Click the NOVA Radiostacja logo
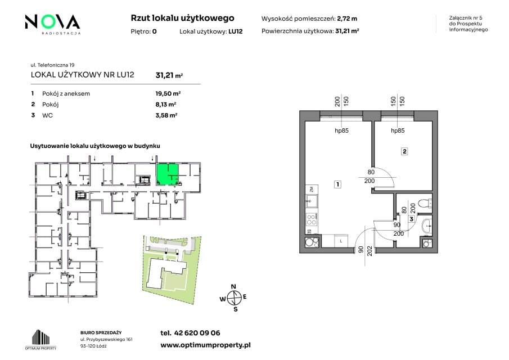(53, 24)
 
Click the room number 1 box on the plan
(337, 184)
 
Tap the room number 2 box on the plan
(404, 151)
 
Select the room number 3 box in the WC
(411, 219)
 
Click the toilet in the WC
(425, 204)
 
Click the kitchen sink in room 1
(312, 201)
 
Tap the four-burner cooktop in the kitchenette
(312, 219)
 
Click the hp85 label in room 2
(398, 130)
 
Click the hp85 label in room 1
(341, 130)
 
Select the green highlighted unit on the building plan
(168, 174)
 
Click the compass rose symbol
(233, 298)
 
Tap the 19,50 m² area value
(168, 93)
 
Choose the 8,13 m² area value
(165, 104)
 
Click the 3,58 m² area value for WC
(166, 115)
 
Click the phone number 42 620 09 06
(197, 333)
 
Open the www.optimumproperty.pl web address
(205, 345)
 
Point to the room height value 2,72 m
(347, 19)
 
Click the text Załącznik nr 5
(466, 18)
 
